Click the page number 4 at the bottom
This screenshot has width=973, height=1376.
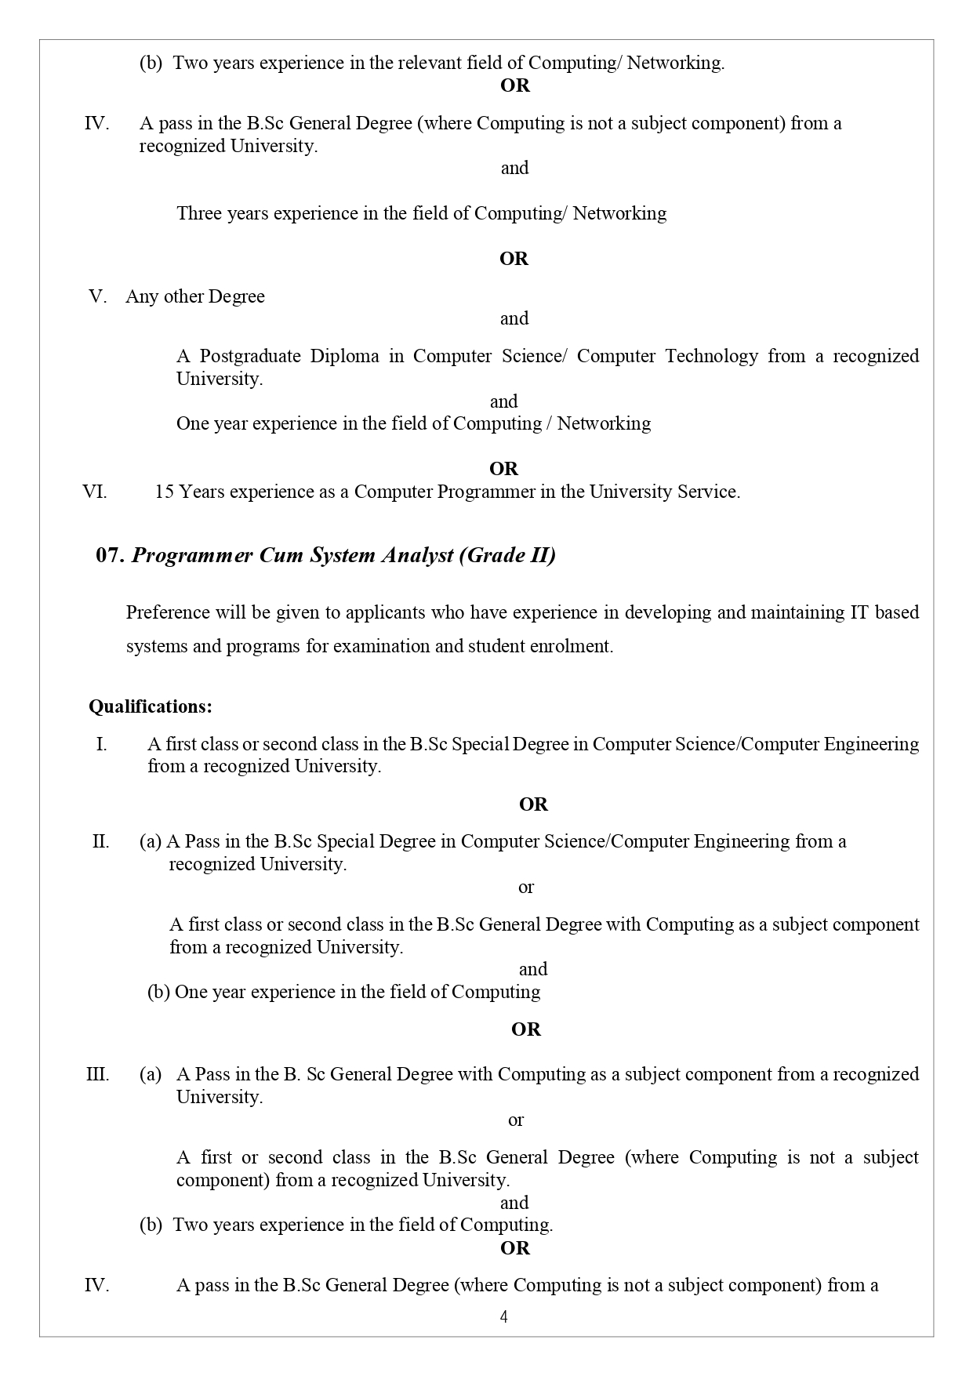click(503, 1316)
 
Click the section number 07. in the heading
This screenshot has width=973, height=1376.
click(110, 556)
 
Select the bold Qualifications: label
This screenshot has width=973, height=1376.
click(150, 706)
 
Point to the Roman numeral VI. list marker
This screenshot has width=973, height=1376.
click(95, 492)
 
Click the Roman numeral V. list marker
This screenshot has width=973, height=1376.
click(98, 296)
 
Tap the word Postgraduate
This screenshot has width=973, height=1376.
click(249, 356)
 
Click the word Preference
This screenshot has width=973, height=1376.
click(168, 612)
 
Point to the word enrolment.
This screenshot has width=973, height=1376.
click(573, 647)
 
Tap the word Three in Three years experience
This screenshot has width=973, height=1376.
click(198, 213)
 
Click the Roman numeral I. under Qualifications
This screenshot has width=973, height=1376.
click(101, 744)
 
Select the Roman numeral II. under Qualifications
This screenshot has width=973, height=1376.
click(100, 841)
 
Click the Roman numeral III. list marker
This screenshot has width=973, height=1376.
click(97, 1074)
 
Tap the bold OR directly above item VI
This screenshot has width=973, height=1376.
click(503, 469)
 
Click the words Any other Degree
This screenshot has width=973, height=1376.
click(195, 296)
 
